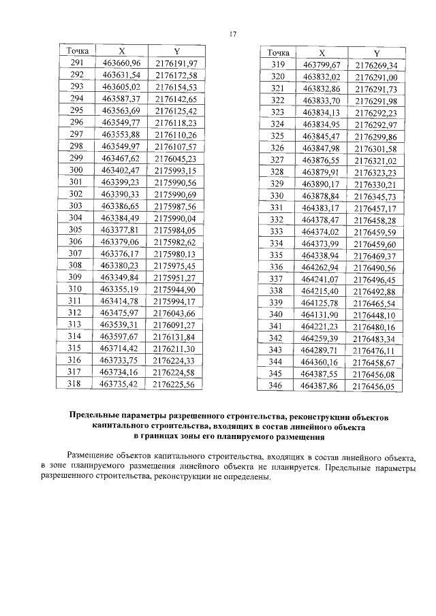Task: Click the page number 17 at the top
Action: (x=232, y=34)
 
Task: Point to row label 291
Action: (x=76, y=63)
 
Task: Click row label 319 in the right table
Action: (x=278, y=65)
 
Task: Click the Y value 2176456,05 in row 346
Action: (x=374, y=386)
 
